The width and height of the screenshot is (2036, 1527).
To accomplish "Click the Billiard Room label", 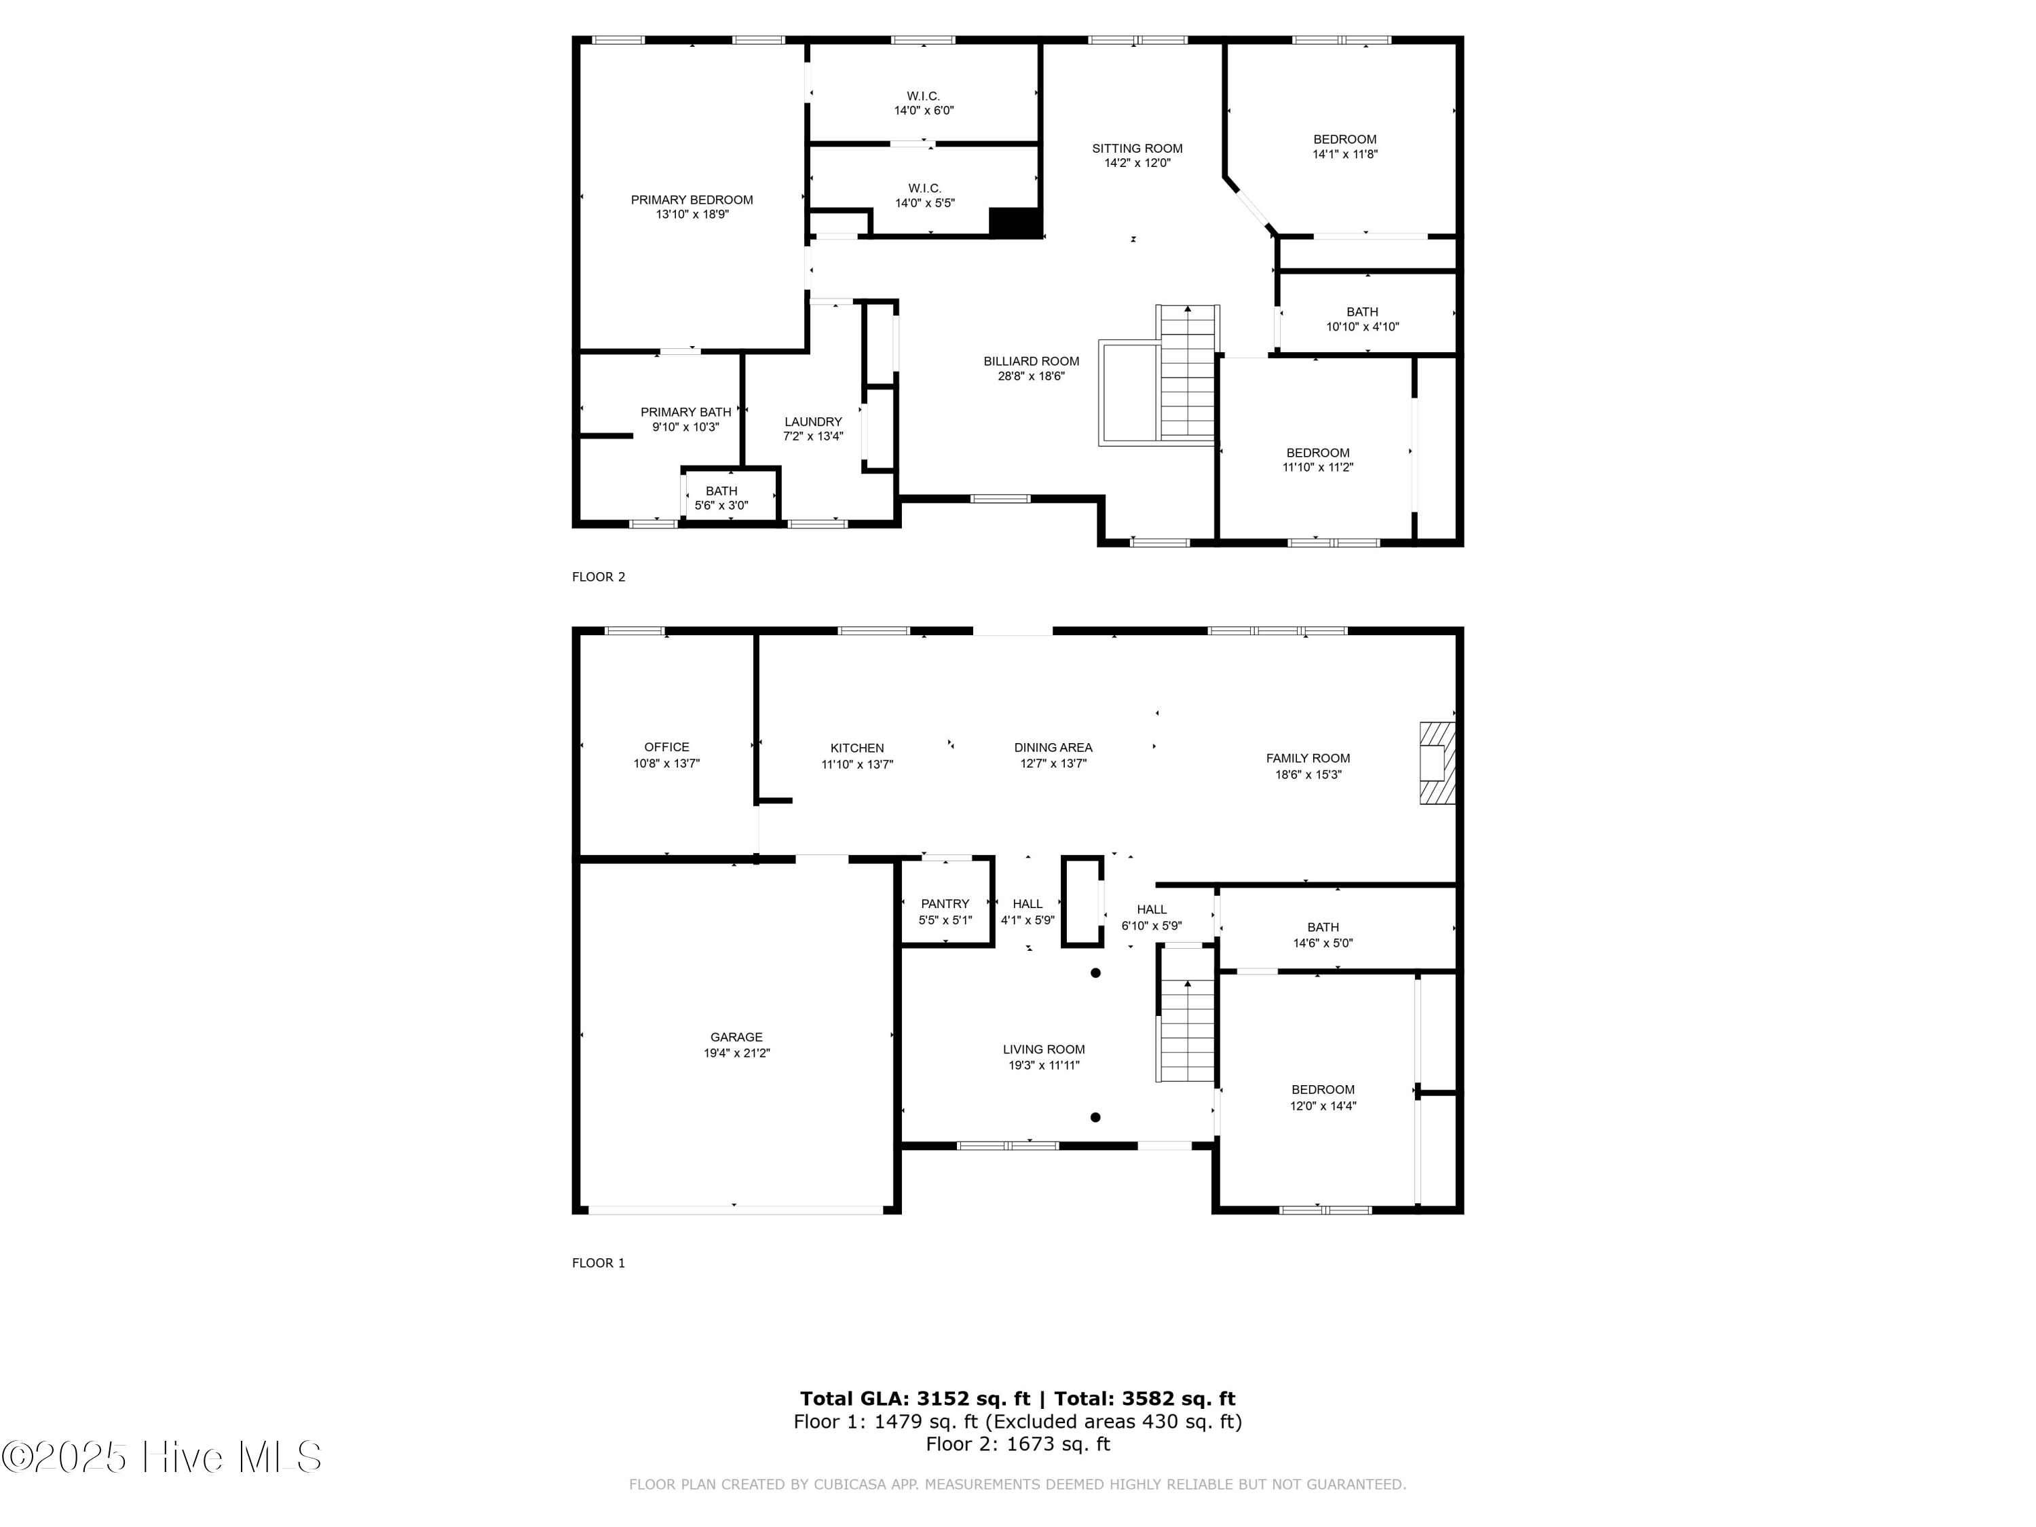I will [x=1031, y=362].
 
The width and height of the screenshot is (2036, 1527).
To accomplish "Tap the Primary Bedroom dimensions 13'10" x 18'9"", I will [x=692, y=214].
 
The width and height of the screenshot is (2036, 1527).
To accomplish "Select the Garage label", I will [x=736, y=1037].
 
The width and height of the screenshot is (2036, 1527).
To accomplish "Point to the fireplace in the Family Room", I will [x=1436, y=763].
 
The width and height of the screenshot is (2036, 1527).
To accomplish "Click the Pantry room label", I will [x=945, y=904].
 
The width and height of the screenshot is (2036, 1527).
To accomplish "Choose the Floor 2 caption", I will [x=599, y=577].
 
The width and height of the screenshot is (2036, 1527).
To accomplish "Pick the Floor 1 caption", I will [x=599, y=1263].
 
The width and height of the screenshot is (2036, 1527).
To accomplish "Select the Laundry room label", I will [x=813, y=421].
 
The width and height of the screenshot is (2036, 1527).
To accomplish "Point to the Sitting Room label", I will [x=1137, y=148].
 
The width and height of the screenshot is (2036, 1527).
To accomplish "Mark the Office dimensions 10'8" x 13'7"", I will [x=666, y=763].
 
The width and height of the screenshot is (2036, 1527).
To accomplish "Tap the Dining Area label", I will [x=1053, y=747].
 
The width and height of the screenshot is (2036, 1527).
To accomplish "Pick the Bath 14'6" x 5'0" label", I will [x=1323, y=927].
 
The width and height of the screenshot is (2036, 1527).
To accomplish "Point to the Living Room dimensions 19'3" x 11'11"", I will [x=1044, y=1065].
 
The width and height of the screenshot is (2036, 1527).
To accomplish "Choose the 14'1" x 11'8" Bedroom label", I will [x=1344, y=140].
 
